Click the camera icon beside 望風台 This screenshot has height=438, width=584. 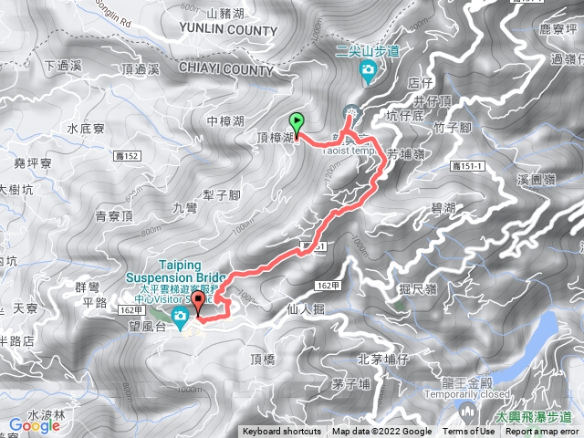point(180,316)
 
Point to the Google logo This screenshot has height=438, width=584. point(34,425)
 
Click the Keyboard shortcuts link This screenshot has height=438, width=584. point(284,432)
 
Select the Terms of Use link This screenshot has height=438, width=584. point(469,432)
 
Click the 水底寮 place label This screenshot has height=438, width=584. point(87,130)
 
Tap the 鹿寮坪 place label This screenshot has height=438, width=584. point(558,30)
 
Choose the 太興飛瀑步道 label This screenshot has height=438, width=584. point(534,417)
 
